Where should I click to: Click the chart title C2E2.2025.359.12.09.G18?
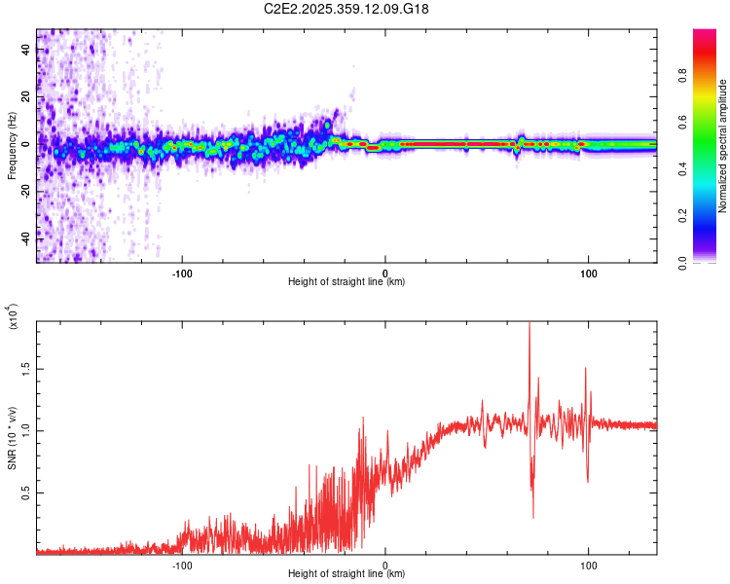347,9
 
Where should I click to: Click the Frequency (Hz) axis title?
12,146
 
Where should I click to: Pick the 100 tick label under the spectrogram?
588,272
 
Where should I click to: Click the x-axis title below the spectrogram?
347,282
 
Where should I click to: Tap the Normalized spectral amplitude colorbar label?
723,146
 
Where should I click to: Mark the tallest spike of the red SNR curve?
529,325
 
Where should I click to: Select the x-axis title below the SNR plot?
347,574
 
